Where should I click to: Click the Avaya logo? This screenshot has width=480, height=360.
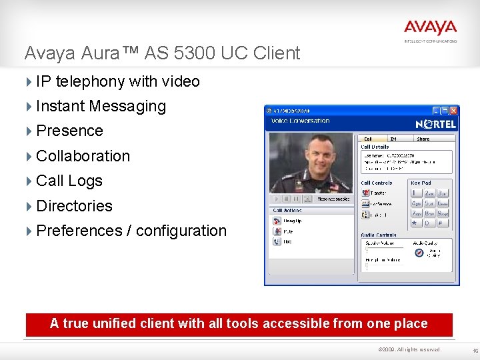pyautogui.click(x=430, y=27)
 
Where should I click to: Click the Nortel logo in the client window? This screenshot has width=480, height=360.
pyautogui.click(x=435, y=124)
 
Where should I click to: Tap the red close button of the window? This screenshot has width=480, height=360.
pyautogui.click(x=453, y=111)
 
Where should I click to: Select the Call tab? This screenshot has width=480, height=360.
pyautogui.click(x=368, y=139)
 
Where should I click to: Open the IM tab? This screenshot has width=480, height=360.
pyautogui.click(x=393, y=139)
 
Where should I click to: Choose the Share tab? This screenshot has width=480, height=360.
pyautogui.click(x=423, y=139)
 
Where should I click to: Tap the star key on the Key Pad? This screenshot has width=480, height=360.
pyautogui.click(x=415, y=224)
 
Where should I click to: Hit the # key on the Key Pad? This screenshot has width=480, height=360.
pyautogui.click(x=443, y=224)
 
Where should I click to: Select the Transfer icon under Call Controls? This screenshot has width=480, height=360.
pyautogui.click(x=365, y=193)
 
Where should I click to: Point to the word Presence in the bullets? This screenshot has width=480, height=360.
pyautogui.click(x=69, y=131)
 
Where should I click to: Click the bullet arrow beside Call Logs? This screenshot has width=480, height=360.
pyautogui.click(x=29, y=181)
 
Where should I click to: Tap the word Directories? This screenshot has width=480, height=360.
pyautogui.click(x=74, y=206)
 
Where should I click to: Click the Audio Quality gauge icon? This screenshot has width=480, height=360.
pyautogui.click(x=418, y=253)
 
